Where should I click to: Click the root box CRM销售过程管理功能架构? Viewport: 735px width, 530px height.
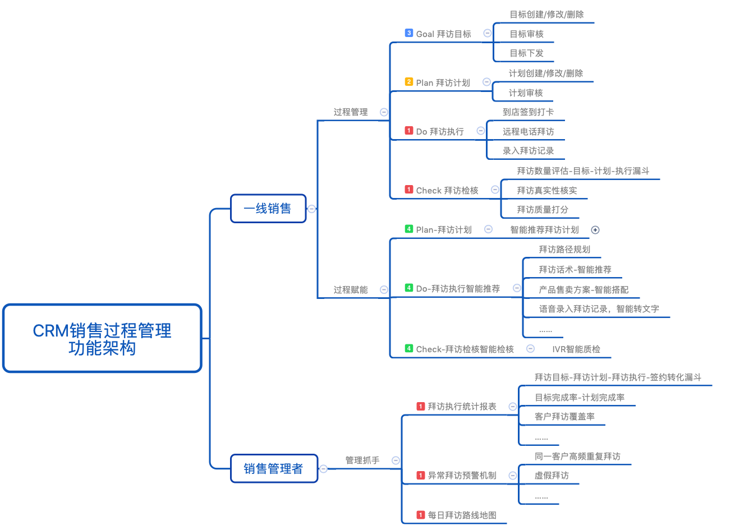click(102, 338)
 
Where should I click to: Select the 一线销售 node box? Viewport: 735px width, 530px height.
click(268, 209)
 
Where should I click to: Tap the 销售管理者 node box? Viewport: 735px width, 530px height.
click(274, 468)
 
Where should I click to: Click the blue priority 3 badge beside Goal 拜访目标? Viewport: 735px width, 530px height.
click(409, 33)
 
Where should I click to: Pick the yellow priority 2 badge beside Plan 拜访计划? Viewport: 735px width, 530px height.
click(409, 82)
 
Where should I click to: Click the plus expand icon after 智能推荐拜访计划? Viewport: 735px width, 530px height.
click(595, 230)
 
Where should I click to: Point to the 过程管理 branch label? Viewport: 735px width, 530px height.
click(351, 112)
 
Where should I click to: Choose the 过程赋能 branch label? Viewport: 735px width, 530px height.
click(351, 290)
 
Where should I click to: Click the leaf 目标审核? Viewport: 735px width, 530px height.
click(526, 34)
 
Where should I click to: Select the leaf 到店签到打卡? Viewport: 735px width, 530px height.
click(528, 112)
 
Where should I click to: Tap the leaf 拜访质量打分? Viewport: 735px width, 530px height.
click(543, 210)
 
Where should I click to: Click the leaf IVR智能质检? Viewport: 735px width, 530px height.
click(576, 349)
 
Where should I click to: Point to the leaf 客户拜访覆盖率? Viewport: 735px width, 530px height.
click(564, 417)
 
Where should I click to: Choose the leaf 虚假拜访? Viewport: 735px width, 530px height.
click(552, 476)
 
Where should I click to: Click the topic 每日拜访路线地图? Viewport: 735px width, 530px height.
click(462, 515)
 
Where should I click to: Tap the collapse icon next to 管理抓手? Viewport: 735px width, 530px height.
click(396, 460)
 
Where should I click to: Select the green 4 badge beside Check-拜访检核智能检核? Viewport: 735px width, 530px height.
click(409, 348)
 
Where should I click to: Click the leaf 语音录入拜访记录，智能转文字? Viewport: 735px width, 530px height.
click(599, 309)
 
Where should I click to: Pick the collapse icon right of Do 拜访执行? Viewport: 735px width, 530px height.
click(481, 131)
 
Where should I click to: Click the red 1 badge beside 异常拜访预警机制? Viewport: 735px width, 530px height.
click(421, 475)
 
